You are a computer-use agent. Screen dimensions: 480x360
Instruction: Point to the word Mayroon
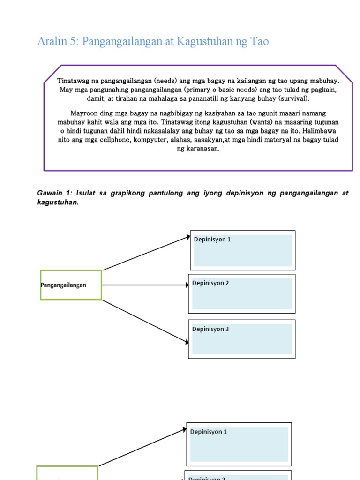[84, 113]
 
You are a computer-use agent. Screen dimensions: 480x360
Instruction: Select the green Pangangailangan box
[71, 285]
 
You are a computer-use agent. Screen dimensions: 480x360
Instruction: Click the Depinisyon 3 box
[242, 339]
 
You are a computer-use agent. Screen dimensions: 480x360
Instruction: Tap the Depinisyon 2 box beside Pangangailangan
[242, 293]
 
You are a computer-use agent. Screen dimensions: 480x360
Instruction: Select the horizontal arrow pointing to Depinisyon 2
[145, 285]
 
